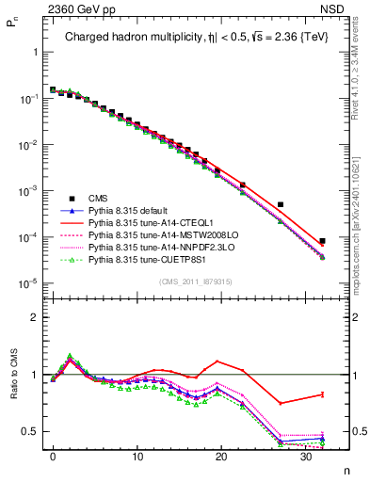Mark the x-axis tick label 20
(x=220, y=456)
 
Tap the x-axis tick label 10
(x=137, y=456)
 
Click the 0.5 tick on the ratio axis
(x=36, y=431)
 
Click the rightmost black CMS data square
(x=322, y=241)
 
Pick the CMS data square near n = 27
(x=281, y=204)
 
